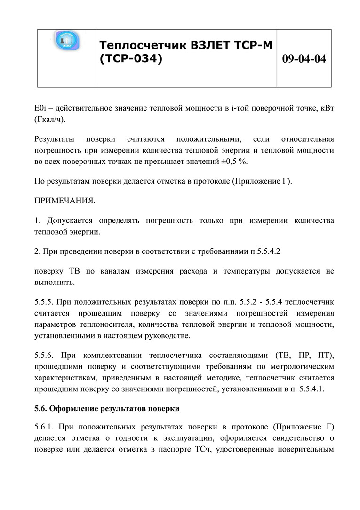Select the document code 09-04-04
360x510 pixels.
point(304,59)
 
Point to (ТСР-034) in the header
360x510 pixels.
point(130,59)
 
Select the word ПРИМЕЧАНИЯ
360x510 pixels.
point(65,201)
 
